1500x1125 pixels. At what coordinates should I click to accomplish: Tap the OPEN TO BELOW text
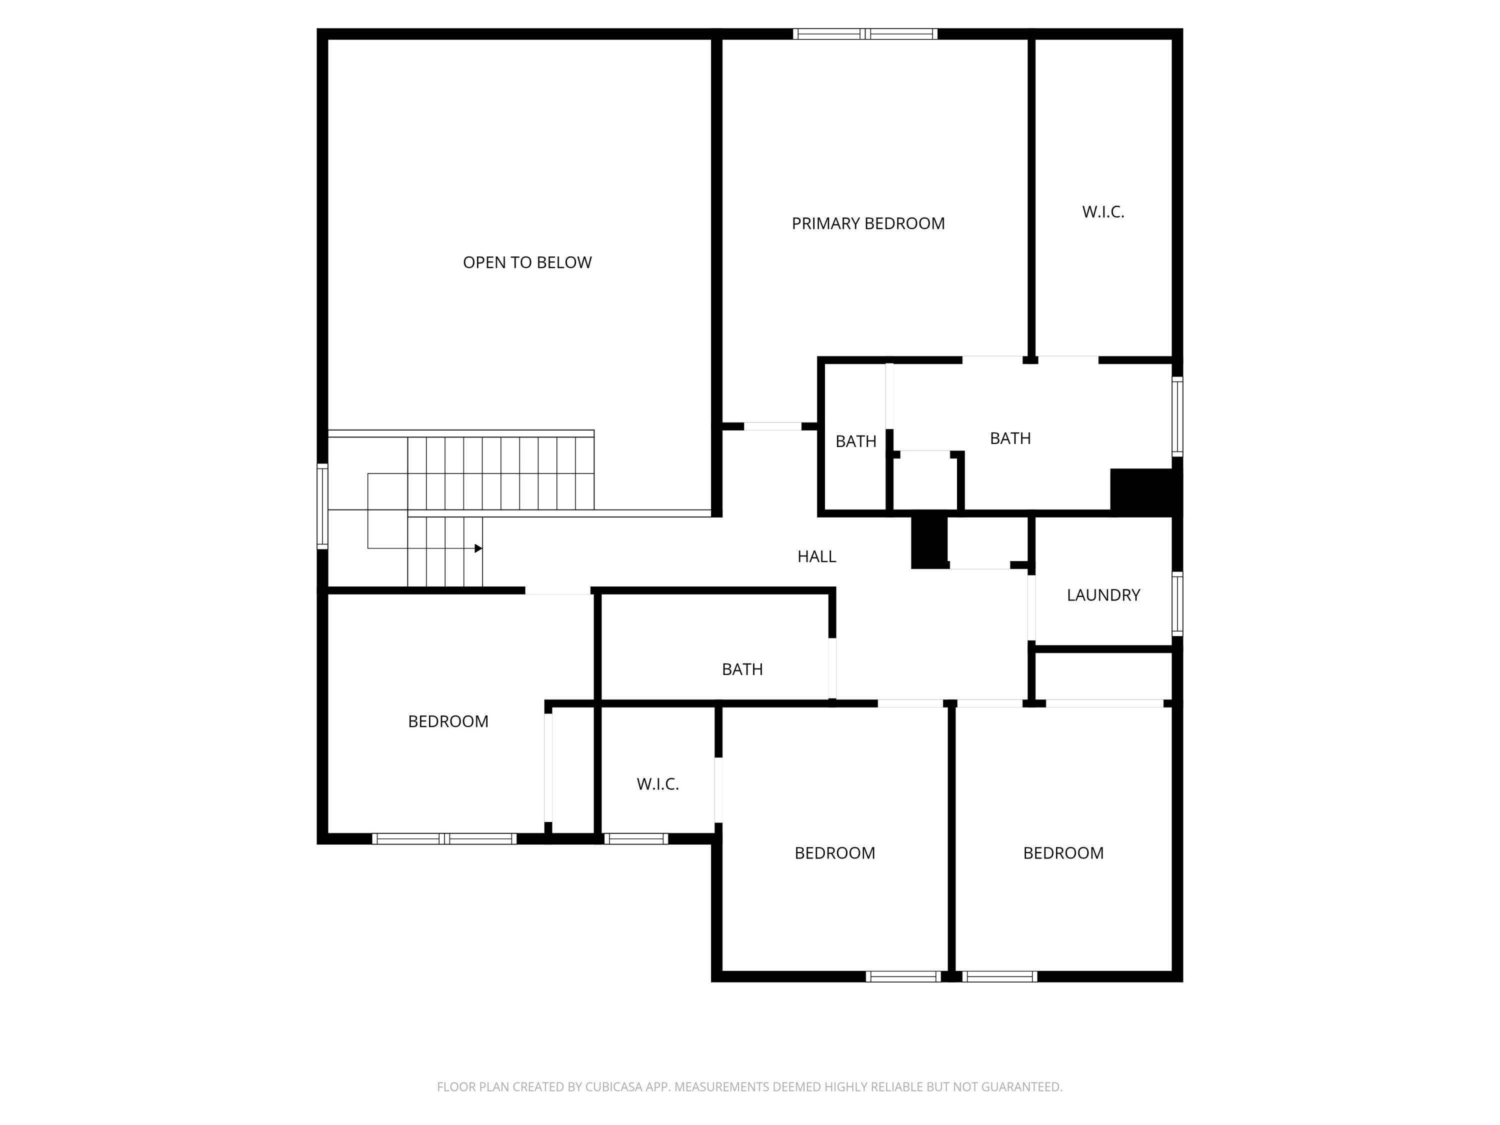click(527, 262)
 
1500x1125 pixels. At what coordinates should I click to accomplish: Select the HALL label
click(816, 556)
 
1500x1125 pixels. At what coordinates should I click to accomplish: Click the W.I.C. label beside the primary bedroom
click(1102, 211)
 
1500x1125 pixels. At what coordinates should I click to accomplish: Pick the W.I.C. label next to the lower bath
click(657, 784)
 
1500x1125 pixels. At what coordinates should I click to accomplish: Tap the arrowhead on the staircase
click(478, 548)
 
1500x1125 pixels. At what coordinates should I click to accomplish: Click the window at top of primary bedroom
click(865, 34)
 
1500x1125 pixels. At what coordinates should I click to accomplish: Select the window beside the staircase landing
click(323, 506)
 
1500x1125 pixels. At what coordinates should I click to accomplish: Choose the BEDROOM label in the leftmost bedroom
click(447, 721)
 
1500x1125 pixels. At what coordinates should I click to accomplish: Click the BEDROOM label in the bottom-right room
click(1062, 853)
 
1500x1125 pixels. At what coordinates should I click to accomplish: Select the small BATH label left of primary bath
click(856, 441)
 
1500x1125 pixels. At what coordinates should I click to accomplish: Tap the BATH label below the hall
click(742, 669)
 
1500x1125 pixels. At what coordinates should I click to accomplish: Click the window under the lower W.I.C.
click(635, 839)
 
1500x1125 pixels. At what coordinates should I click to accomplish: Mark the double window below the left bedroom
click(444, 839)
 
